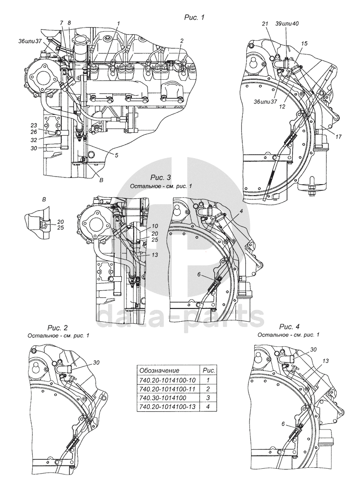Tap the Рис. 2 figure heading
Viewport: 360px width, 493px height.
58,328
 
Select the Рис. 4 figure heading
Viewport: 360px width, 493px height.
289,327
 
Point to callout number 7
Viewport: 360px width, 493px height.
61,23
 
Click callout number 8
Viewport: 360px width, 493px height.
69,23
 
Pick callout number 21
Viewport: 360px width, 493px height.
265,23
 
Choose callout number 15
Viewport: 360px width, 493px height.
305,43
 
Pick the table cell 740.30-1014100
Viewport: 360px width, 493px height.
161,398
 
